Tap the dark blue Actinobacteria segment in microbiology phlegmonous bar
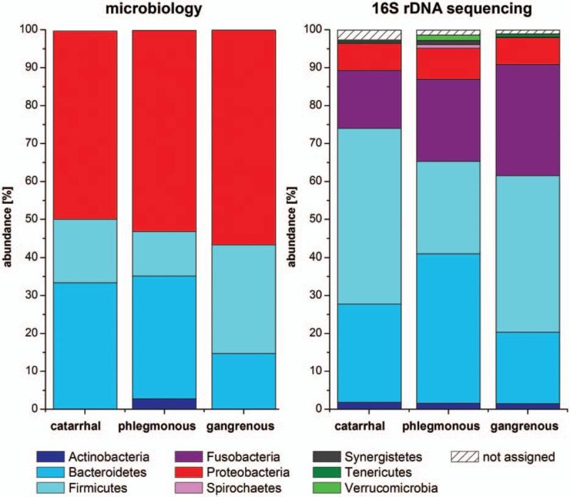(x=165, y=404)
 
